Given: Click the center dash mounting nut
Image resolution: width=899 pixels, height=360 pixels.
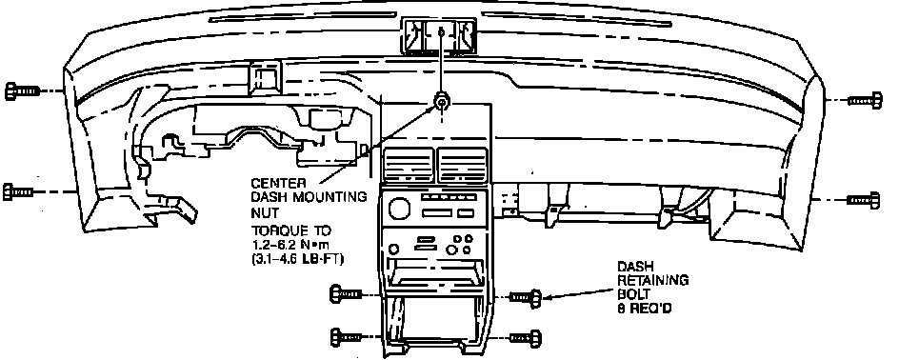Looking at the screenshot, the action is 441,102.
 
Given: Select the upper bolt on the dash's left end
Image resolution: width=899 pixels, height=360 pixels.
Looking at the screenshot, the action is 22,91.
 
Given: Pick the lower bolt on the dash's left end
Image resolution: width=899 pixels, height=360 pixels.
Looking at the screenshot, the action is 18,191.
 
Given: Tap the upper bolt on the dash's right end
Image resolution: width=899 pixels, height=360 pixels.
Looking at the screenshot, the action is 865,101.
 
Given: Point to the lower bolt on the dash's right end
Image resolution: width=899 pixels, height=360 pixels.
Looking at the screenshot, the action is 864,200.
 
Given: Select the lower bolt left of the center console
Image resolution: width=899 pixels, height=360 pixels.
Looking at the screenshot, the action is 347,337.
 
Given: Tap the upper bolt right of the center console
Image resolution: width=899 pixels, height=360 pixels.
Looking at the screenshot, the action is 526,297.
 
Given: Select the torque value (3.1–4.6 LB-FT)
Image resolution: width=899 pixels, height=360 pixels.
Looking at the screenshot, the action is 297,259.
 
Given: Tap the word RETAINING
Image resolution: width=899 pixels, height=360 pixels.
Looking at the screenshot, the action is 652,281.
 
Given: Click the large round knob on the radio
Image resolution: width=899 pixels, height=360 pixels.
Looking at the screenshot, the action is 399,208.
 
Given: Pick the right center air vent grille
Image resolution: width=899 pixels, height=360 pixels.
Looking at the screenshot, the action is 463,165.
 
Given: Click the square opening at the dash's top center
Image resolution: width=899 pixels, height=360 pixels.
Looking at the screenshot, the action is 440,36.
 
